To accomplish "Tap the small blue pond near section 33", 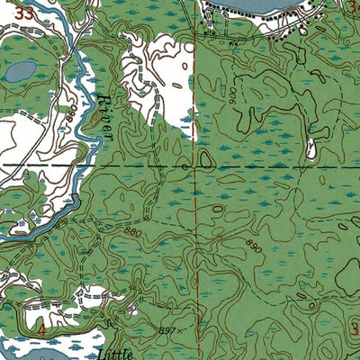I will (19, 69).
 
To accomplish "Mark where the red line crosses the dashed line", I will (196, 166).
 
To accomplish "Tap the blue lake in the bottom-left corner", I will (27, 349).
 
